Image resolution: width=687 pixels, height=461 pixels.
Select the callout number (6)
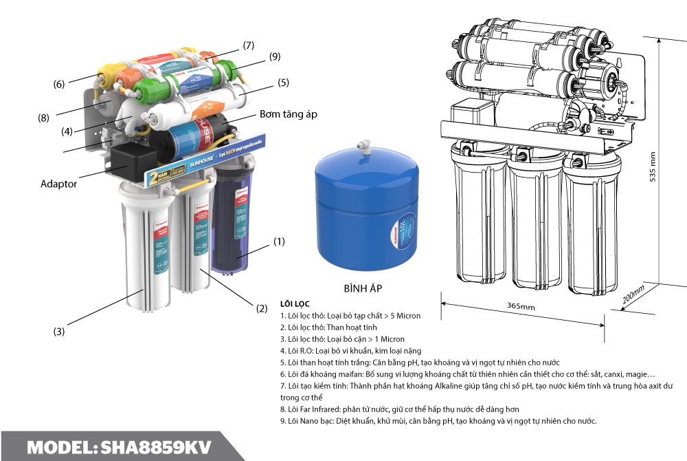(59, 84)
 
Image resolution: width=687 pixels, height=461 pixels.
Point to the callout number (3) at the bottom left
(59, 332)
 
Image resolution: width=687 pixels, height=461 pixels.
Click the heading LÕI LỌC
(295, 303)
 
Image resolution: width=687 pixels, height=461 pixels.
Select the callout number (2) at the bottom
(262, 309)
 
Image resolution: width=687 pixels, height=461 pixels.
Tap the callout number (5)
(284, 83)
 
